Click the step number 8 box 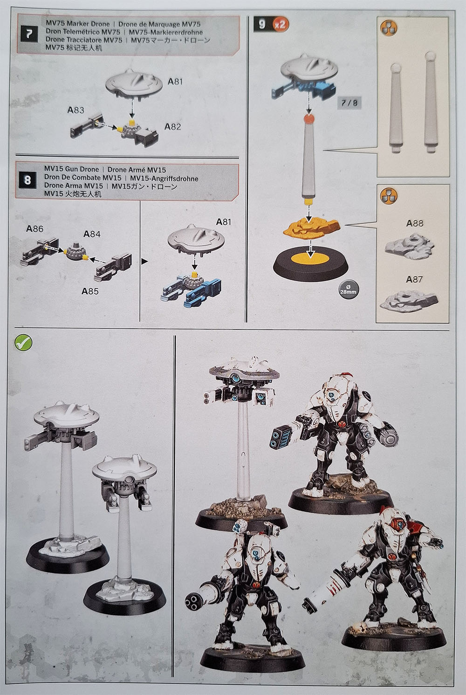pos(27,180)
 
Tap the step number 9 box pos(262,24)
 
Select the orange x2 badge pos(280,24)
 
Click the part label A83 pos(75,110)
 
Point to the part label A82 pos(172,127)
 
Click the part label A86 pos(35,229)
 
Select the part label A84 pos(92,234)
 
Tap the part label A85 pos(90,291)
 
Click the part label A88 pos(415,223)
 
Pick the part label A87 pos(414,280)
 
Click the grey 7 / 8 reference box pos(349,103)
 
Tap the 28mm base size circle pos(348,290)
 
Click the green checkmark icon pos(23,342)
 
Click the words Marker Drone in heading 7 pos(88,24)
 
